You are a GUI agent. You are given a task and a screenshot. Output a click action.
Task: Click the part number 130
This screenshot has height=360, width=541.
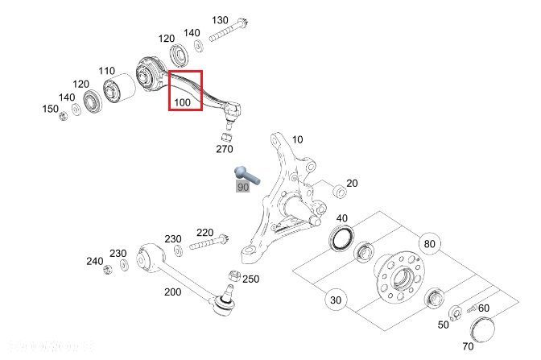220,19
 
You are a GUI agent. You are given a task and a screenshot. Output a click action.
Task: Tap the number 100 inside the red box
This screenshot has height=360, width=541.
182,102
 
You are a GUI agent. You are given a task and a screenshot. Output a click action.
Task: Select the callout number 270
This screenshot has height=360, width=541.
224,149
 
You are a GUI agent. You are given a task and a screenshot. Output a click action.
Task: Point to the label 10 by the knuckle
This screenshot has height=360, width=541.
297,140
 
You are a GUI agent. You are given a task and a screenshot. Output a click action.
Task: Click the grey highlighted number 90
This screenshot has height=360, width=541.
242,187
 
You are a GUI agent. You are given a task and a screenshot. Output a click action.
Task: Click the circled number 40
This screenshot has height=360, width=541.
342,218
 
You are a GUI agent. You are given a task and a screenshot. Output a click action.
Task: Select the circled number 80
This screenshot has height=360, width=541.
429,244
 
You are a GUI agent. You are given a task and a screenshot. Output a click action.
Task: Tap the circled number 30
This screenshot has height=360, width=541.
337,300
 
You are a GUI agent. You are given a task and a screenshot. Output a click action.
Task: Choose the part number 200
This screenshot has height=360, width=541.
173,292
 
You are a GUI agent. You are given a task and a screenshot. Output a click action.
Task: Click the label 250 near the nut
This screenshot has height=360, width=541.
250,279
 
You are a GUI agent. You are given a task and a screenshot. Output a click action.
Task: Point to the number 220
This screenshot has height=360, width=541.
204,232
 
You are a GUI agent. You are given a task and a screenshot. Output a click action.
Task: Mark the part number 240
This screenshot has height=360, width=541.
95,261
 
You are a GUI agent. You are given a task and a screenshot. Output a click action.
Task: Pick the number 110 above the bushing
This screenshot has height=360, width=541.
107,71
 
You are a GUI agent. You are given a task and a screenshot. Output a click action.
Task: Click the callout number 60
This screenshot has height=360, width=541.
483,308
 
